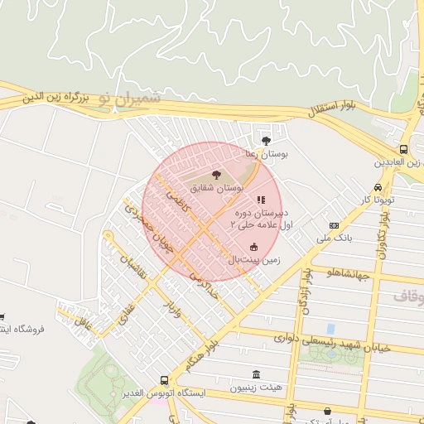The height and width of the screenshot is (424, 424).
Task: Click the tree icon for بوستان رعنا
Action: [266, 140]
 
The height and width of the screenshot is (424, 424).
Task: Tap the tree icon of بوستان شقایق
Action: [217, 175]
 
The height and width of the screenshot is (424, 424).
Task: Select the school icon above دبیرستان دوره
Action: [261, 200]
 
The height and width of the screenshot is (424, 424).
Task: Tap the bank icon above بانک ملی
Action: [334, 225]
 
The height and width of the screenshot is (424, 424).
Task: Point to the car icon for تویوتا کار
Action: [378, 187]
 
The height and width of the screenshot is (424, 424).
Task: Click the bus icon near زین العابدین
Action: [403, 149]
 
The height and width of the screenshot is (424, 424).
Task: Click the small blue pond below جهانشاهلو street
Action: [331, 329]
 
